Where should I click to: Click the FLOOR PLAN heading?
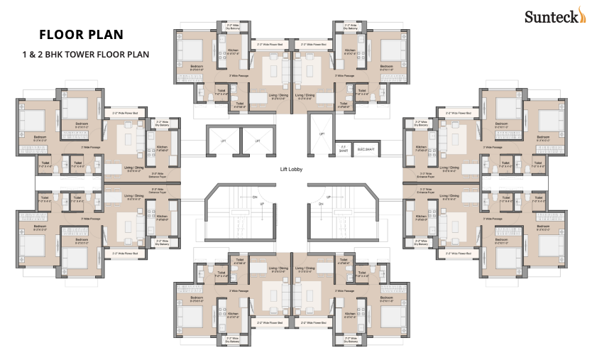point(81,34)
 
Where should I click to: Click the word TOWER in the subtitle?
point(94,54)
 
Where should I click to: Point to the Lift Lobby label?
point(292,169)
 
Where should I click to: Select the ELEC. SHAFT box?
point(366,150)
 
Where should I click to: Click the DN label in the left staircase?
point(255,196)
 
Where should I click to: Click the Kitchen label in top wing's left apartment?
point(232,50)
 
